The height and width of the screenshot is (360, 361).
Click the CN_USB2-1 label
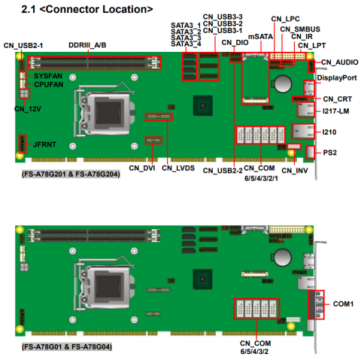coord(23,46)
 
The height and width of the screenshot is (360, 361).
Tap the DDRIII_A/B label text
coord(87,45)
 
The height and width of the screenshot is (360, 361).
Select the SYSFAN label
coord(48,76)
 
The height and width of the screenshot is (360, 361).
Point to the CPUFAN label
coord(49,85)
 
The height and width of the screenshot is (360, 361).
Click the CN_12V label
coord(28,109)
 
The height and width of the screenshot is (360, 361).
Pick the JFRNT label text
coord(44,144)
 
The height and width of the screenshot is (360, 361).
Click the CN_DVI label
coord(142,168)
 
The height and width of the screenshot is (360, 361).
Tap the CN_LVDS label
coord(178,168)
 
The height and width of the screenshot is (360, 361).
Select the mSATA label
coord(260,37)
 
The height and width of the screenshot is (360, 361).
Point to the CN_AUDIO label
coord(340,62)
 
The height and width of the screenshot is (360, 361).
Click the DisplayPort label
coord(337,78)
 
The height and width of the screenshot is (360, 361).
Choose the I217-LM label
coord(335,111)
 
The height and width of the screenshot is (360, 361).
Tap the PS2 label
coord(329,153)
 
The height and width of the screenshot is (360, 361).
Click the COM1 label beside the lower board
coord(343,304)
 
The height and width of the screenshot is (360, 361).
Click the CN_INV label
coord(295,171)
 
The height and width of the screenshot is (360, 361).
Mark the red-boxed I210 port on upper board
coord(303,132)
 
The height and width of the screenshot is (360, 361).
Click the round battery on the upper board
coord(283,83)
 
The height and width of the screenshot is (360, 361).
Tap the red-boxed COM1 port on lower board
coord(316,304)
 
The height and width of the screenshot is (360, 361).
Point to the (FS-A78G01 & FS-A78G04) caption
coord(67,347)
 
